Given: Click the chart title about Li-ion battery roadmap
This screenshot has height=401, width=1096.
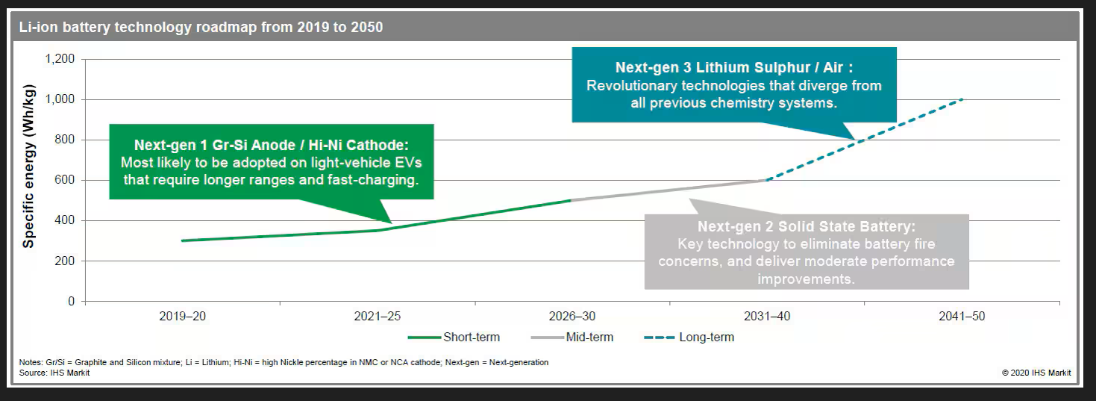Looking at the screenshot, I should click(x=201, y=28).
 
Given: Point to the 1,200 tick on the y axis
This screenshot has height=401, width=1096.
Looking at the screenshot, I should click(x=60, y=60).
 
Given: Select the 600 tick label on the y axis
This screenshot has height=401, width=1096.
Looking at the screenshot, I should click(x=66, y=181).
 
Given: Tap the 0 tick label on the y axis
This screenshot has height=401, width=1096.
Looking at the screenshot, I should click(x=72, y=302).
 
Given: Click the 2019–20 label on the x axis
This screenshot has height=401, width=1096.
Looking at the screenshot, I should click(x=182, y=317).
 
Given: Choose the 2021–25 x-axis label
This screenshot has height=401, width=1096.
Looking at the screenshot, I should click(x=377, y=317).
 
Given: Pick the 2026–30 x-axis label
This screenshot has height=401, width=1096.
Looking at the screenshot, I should click(x=572, y=317).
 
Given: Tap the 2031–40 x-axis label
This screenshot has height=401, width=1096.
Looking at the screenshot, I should click(x=766, y=317).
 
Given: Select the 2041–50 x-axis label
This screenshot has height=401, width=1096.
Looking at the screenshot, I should click(x=961, y=317).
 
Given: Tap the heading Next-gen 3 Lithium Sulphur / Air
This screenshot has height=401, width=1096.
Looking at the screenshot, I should click(x=734, y=67).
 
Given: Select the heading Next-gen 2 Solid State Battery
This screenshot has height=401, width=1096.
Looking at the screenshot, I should click(x=807, y=226).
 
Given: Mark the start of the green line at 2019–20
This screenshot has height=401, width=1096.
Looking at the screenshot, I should click(x=183, y=240).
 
